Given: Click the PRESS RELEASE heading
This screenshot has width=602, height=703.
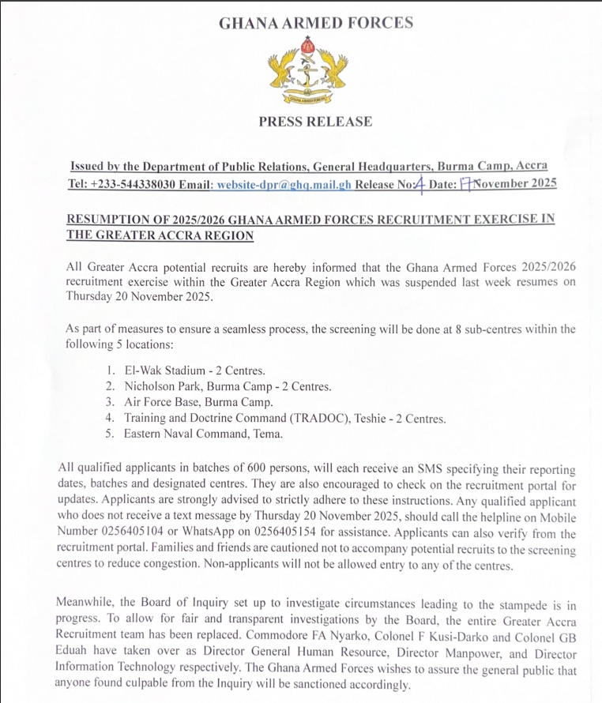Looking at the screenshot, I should click(x=314, y=122).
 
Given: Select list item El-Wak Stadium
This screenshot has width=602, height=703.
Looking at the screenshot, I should click(x=162, y=370).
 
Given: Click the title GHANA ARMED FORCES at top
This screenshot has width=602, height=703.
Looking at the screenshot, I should click(x=315, y=23).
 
